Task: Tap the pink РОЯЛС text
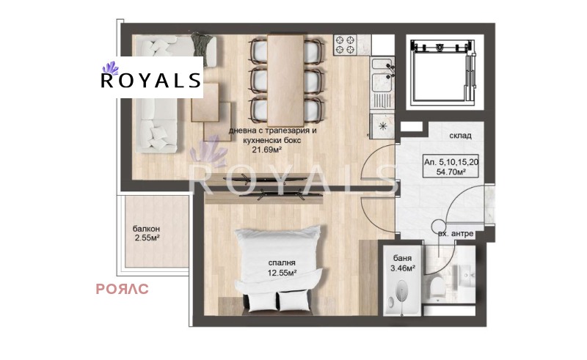(x=123, y=289)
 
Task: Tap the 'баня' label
(x=401, y=258)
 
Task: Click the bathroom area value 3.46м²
(x=401, y=269)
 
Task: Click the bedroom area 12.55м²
(x=282, y=273)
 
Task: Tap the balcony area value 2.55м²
(x=147, y=238)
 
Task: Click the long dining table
(x=285, y=77)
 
